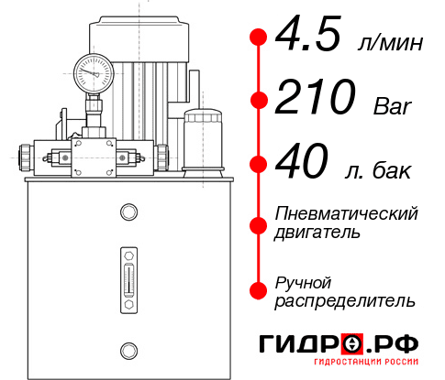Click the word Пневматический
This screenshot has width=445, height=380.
coord(347,214)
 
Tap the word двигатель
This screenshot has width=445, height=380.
coord(317,233)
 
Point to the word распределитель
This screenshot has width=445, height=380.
coord(345,300)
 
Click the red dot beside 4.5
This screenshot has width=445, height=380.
coord(259,37)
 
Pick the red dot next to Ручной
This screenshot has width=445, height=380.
coord(259,290)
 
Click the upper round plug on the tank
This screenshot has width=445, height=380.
coord(128,213)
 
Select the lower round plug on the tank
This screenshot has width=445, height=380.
coord(128,349)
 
